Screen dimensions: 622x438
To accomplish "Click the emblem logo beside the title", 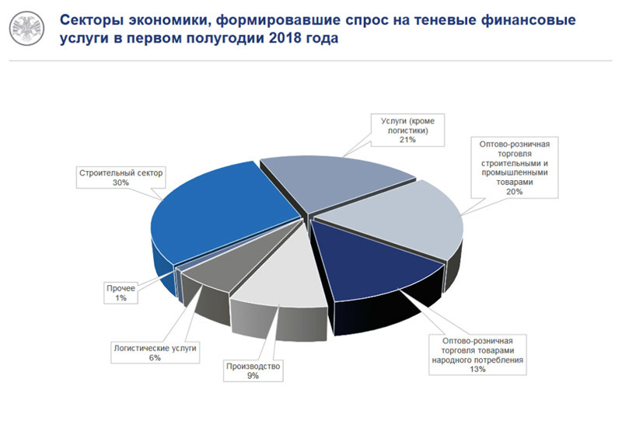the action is point(26,29).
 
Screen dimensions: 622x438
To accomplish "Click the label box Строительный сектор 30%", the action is point(121,177).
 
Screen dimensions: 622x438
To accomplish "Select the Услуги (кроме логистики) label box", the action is point(407,130).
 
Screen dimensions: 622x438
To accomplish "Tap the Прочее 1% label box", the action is point(121,293).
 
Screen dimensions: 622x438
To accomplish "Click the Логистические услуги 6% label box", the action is point(155,353).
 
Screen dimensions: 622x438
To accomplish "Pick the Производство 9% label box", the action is point(253,370).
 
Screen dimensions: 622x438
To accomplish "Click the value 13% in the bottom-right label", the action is point(477,369).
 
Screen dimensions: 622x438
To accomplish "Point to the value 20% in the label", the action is point(515,192).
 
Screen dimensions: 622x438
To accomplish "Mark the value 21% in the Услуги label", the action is point(407,140).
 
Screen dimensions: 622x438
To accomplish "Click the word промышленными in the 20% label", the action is point(515,173).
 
